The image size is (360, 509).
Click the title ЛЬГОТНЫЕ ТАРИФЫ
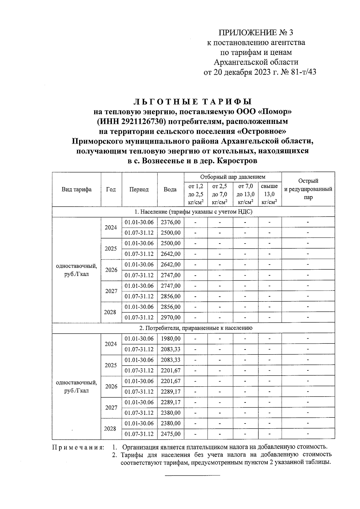pyautogui.click(x=192, y=102)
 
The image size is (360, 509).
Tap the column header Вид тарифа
pyautogui.click(x=76, y=189)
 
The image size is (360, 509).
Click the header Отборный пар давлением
pyautogui.click(x=233, y=177)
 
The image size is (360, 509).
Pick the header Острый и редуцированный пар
pyautogui.click(x=308, y=189)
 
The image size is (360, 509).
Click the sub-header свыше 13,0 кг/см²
pyautogui.click(x=269, y=194)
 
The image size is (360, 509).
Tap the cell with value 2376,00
pyautogui.click(x=170, y=222)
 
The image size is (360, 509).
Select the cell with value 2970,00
pyautogui.click(x=170, y=317)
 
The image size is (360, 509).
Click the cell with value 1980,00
pyautogui.click(x=170, y=339)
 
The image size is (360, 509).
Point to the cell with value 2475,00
pyautogui.click(x=170, y=434)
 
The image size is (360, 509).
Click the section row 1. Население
pyautogui.click(x=193, y=212)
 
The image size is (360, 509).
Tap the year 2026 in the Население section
pyautogui.click(x=111, y=270)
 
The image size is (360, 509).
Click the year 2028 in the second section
pyautogui.click(x=110, y=429)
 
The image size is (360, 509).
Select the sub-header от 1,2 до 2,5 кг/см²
pyautogui.click(x=196, y=194)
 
